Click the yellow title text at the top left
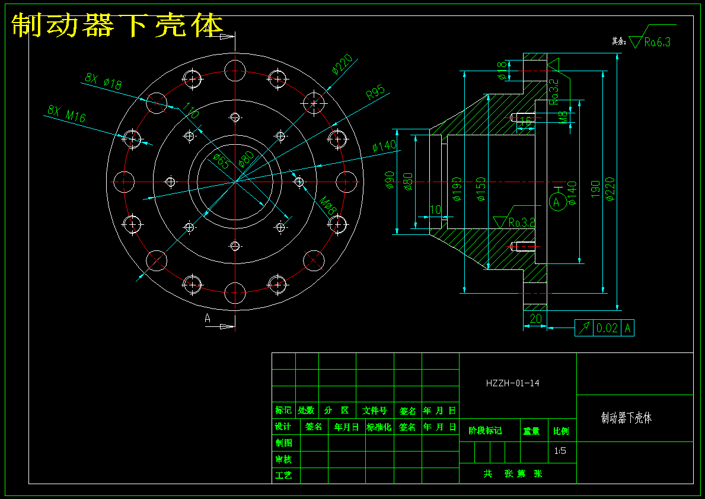(x=117, y=26)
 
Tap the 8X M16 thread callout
(x=66, y=113)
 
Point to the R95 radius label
(x=376, y=93)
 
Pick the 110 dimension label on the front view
(x=190, y=110)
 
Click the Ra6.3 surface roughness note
(x=657, y=42)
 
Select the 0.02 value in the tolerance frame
(x=607, y=328)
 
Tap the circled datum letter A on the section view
(x=556, y=202)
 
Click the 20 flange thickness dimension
(x=535, y=319)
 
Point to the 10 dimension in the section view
(x=435, y=210)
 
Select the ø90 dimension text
(x=390, y=180)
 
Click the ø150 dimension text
(x=481, y=189)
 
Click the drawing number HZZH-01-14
(x=512, y=383)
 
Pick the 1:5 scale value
(x=560, y=451)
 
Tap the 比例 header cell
(x=561, y=431)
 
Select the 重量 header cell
(x=531, y=431)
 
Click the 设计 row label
(x=283, y=427)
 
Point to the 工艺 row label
(x=283, y=475)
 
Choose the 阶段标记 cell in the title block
(x=486, y=431)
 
